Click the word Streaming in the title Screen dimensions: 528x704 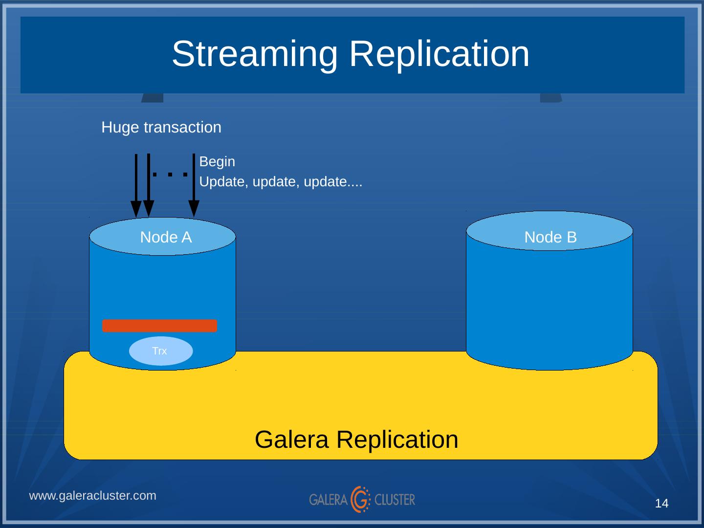[254, 54]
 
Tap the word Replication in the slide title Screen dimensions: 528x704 [439, 54]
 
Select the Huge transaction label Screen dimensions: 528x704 [161, 128]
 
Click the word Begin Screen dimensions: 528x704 [217, 162]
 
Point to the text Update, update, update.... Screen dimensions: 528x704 [281, 182]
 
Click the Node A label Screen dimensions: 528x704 [166, 238]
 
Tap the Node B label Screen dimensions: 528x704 [550, 238]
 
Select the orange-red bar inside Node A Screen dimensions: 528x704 [159, 326]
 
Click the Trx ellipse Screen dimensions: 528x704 [160, 351]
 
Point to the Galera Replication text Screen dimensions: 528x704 [356, 440]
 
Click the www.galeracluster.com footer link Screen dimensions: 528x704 [93, 496]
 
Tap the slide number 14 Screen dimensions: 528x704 [661, 504]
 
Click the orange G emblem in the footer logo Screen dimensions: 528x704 [361, 499]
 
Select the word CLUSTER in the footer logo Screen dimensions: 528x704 [395, 500]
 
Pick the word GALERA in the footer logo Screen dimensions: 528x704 [328, 500]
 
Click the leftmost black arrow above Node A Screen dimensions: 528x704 [136, 186]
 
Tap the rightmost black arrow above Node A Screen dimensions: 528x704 [194, 186]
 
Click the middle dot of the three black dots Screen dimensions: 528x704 [170, 174]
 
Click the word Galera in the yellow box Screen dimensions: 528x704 [292, 440]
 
